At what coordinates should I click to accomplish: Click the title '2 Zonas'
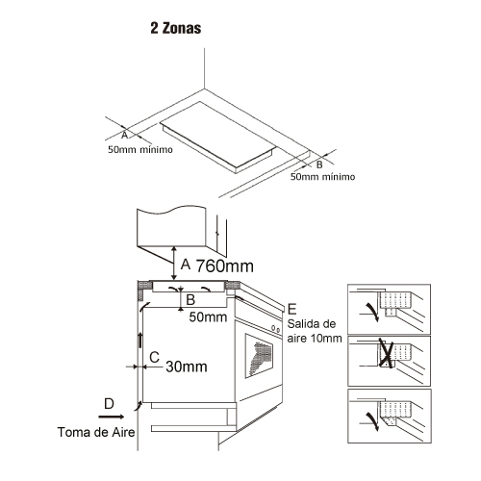tap(176, 28)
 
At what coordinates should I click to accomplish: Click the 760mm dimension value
tap(225, 266)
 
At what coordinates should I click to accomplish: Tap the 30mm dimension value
tap(187, 367)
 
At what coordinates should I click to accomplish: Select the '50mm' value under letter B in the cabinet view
tap(208, 316)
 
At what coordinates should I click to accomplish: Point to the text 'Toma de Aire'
tap(96, 432)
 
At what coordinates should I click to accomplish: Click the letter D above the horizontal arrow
tap(109, 404)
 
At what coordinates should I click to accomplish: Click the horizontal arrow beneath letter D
tap(111, 417)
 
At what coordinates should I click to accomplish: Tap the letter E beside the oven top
tap(292, 309)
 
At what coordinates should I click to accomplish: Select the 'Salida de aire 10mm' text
tap(315, 331)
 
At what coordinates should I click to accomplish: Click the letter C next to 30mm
tap(155, 357)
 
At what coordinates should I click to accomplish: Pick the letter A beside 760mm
tap(186, 265)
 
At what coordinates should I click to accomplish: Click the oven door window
tap(260, 355)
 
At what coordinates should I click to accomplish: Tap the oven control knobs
tap(275, 329)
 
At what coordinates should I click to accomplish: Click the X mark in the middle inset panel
tap(386, 352)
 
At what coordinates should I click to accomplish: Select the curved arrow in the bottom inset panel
tap(372, 421)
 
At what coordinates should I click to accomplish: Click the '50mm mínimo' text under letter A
tap(140, 149)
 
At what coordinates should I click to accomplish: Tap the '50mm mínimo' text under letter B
tap(322, 177)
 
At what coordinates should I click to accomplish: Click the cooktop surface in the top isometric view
tap(217, 135)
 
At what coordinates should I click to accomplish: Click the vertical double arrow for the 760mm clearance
tap(174, 264)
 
